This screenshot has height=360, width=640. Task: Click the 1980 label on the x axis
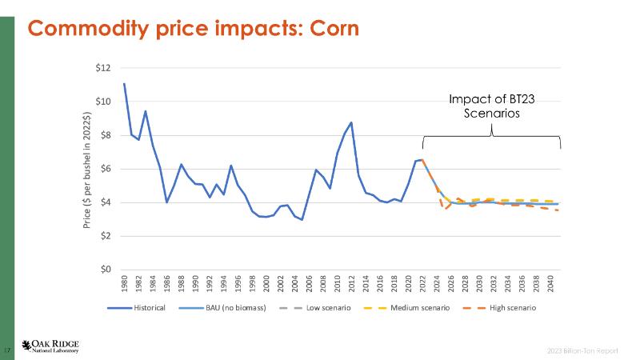[125, 284]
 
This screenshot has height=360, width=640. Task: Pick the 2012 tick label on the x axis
[351, 284]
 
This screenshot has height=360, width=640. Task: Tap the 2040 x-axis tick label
[550, 284]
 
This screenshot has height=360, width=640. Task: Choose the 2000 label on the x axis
[266, 284]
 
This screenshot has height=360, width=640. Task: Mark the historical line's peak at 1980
[125, 83]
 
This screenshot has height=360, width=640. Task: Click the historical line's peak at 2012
[351, 122]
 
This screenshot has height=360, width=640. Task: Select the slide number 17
[8, 350]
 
